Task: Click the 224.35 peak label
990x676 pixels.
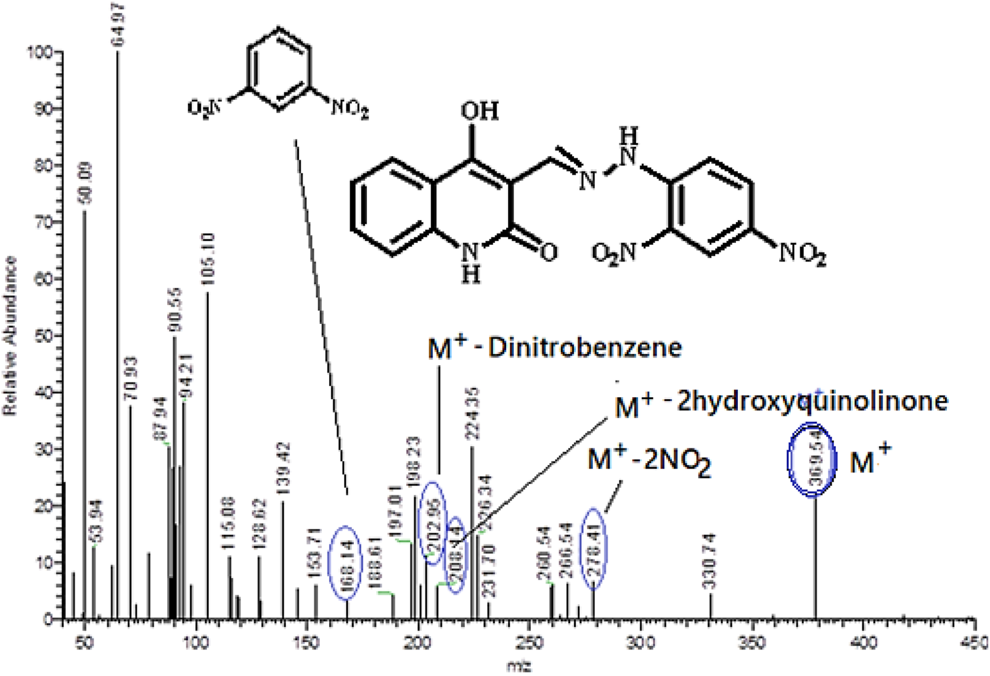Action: point(472,413)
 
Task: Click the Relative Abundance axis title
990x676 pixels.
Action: point(10,336)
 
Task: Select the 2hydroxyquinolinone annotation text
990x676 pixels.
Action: point(812,402)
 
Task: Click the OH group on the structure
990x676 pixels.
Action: point(479,111)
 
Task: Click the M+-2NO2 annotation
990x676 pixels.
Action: point(649,460)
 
